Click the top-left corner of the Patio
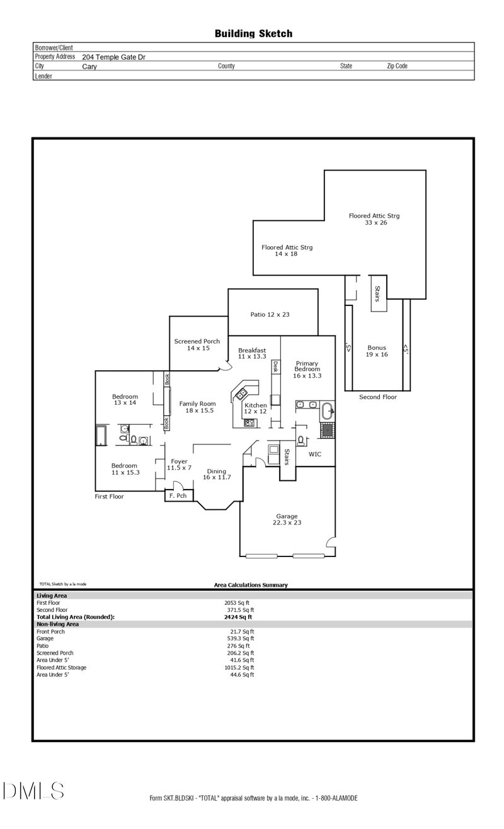pyautogui.click(x=228, y=289)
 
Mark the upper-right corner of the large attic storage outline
pyautogui.click(x=426, y=170)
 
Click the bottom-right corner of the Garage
pyautogui.click(x=336, y=556)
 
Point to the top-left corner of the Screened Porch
pyautogui.click(x=169, y=316)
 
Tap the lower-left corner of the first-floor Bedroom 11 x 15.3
pyautogui.click(x=96, y=491)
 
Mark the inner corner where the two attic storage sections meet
pyautogui.click(x=324, y=220)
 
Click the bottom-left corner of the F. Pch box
pyautogui.click(x=165, y=501)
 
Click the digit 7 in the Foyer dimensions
pyautogui.click(x=190, y=468)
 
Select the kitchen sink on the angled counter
pyautogui.click(x=241, y=393)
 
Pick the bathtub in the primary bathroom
pyautogui.click(x=327, y=411)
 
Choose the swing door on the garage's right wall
pyautogui.click(x=331, y=541)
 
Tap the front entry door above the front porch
pyautogui.click(x=178, y=486)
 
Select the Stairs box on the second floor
pyautogui.click(x=379, y=293)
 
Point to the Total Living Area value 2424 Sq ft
pyautogui.click(x=238, y=617)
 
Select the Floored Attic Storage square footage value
pyautogui.click(x=239, y=668)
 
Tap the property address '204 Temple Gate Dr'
pyautogui.click(x=113, y=57)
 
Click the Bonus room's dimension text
pyautogui.click(x=377, y=354)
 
